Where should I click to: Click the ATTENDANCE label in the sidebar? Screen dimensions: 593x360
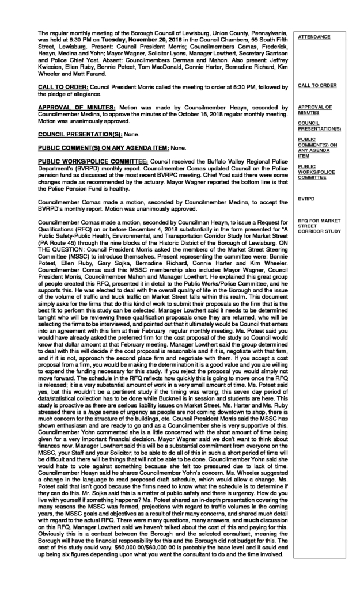[x=314, y=37]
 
